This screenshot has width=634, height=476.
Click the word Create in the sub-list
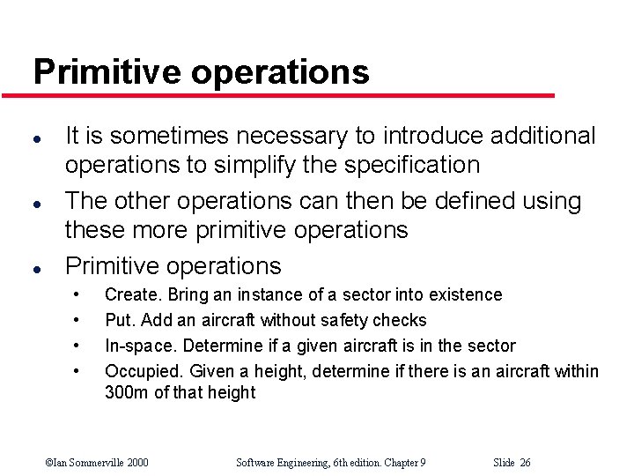click(131, 294)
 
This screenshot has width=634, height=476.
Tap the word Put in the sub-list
click(116, 320)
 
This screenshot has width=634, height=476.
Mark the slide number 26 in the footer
click(525, 462)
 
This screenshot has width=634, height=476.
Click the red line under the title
click(291, 95)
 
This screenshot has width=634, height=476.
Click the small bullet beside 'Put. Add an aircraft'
click(79, 320)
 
